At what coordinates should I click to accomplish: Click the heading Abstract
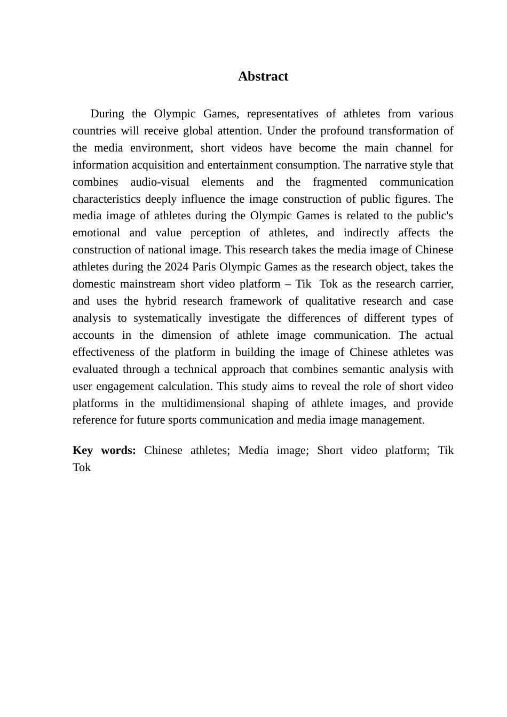point(263,76)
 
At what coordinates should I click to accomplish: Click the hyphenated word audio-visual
point(160,182)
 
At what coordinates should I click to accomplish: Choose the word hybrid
point(160,301)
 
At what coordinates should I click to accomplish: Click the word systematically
point(167,318)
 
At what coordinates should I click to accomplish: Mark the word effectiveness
point(103,352)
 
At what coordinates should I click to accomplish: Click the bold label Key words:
point(104,450)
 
